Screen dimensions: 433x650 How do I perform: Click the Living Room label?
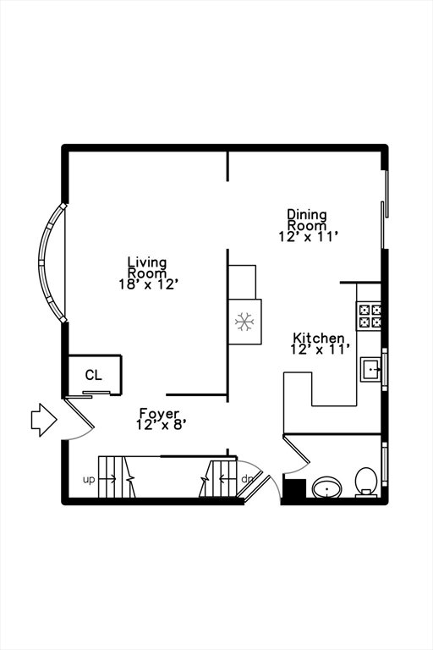tap(147, 267)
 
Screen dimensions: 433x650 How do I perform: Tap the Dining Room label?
tap(307, 220)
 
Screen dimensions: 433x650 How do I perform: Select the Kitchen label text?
tap(319, 338)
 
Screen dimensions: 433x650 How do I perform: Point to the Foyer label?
tap(159, 414)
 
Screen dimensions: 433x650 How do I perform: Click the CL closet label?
tap(93, 375)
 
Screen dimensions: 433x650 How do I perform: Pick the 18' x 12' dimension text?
tap(149, 284)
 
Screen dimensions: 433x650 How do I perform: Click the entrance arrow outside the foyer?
tap(44, 420)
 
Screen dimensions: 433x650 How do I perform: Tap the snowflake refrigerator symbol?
tap(244, 322)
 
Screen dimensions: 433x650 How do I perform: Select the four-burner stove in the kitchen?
tap(369, 316)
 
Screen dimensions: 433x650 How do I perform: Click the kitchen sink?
tap(371, 368)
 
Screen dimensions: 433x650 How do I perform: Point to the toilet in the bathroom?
tap(366, 482)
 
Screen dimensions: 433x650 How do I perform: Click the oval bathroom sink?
tap(327, 487)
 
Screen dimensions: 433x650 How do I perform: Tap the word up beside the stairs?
tap(89, 480)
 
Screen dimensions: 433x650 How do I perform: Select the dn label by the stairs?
tap(247, 479)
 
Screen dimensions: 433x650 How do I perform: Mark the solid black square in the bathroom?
tap(294, 488)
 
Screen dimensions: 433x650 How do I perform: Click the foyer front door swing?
tap(79, 419)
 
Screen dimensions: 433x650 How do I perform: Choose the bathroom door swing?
tap(297, 454)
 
